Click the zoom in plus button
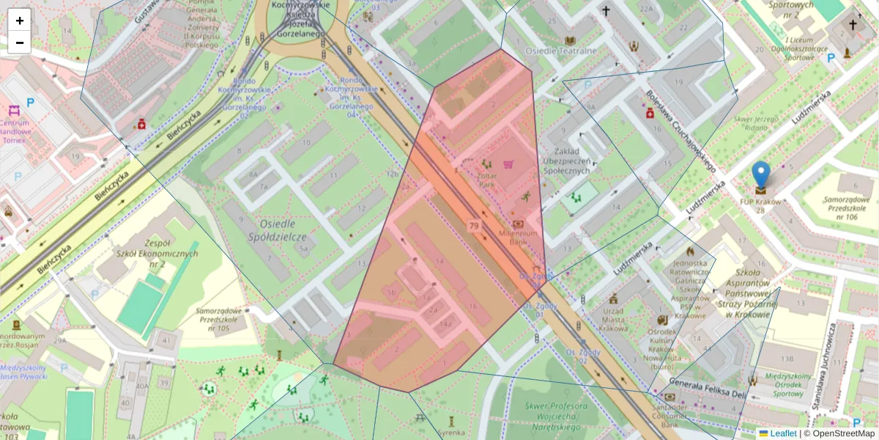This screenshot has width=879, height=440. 20,21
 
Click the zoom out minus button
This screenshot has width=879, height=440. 20,43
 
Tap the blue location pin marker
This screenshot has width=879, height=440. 761,177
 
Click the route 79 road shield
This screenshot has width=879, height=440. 474,226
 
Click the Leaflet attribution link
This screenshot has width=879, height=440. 782,433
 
